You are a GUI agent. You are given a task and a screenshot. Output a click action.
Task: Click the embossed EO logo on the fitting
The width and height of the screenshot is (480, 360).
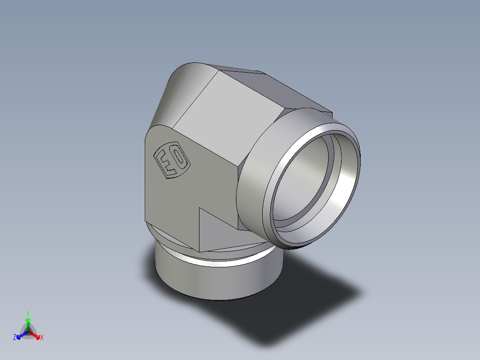(x=171, y=160)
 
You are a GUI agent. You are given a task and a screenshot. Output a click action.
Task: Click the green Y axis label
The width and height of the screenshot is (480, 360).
(x=28, y=313)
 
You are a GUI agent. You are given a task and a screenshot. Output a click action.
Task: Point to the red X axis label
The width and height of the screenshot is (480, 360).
(x=42, y=338)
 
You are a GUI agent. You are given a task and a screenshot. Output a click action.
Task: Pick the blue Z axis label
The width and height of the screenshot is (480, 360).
(x=15, y=338)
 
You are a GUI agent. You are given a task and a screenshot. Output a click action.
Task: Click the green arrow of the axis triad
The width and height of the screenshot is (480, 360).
(x=28, y=322)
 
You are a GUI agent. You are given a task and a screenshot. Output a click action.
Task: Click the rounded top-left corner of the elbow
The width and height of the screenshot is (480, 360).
(x=178, y=89)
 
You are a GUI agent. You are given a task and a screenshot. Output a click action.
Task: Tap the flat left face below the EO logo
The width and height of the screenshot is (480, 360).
(x=169, y=200)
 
